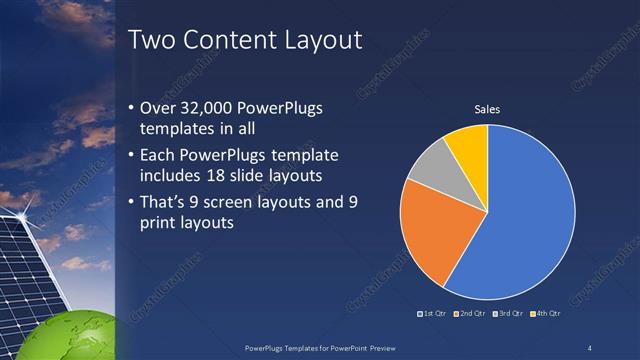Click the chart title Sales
click(x=487, y=109)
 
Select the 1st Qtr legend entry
click(x=432, y=315)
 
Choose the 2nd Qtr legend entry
click(x=469, y=315)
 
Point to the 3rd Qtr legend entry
click(x=507, y=315)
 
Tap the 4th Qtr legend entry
click(x=545, y=315)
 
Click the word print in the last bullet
click(x=165, y=223)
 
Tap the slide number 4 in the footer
click(x=590, y=347)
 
